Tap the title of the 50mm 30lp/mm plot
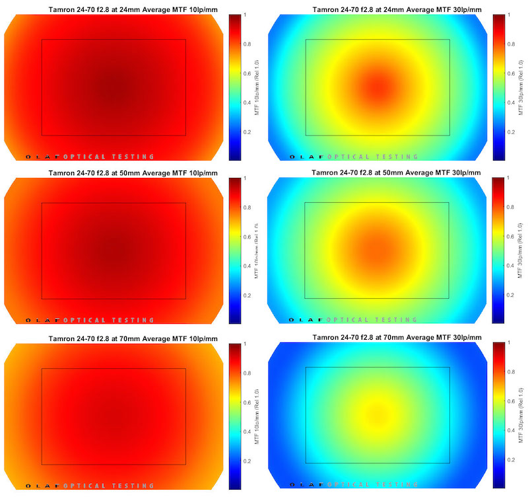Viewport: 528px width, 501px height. [398, 173]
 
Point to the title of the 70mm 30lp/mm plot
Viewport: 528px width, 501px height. [398, 338]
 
